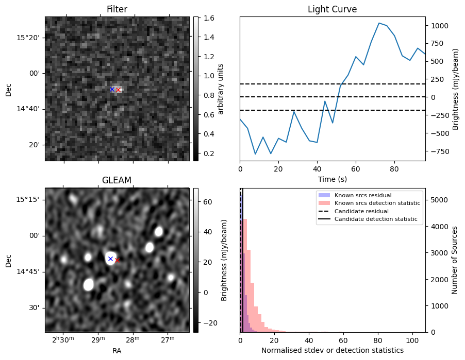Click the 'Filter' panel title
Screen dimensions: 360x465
pyautogui.click(x=117, y=9)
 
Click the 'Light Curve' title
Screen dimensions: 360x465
pyautogui.click(x=332, y=9)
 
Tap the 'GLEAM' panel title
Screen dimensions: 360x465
pyautogui.click(x=117, y=180)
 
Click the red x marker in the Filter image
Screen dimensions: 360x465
pyautogui.click(x=118, y=90)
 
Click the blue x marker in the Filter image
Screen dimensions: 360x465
pyautogui.click(x=112, y=89)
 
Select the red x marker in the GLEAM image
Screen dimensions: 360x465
pyautogui.click(x=117, y=260)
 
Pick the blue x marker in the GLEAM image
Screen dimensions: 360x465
pyautogui.click(x=110, y=259)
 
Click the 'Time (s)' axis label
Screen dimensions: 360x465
pyautogui.click(x=332, y=179)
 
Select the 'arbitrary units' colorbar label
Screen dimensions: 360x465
pyautogui.click(x=221, y=89)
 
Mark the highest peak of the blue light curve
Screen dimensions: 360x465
pyautogui.click(x=379, y=23)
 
